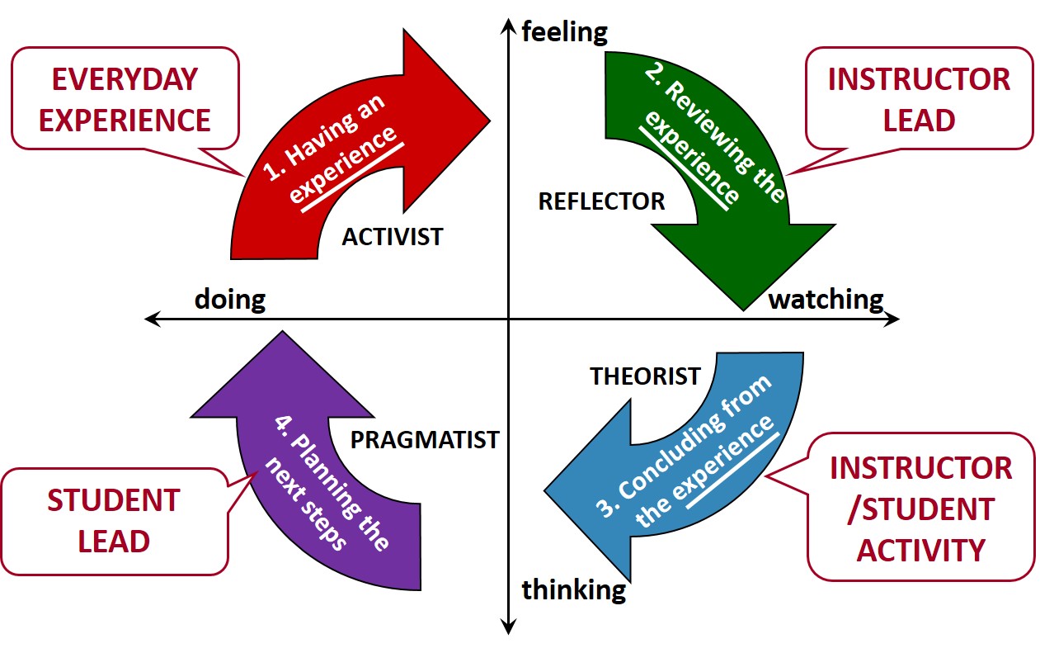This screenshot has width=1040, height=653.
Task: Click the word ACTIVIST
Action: point(392,237)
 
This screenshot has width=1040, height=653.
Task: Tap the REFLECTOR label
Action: point(601,201)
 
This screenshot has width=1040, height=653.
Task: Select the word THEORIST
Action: point(645,376)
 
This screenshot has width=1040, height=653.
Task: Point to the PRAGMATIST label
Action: point(425,439)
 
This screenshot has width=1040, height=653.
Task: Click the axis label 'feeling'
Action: point(565,33)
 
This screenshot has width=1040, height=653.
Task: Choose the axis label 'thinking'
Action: point(574,590)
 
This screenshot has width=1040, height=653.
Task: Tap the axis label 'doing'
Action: point(229,299)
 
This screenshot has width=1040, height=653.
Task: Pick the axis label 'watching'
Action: point(826,299)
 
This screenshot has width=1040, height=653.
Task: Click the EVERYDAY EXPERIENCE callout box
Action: point(125,99)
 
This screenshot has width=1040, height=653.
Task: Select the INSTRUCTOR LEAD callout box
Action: point(919,99)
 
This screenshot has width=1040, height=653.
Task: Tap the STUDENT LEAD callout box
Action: point(114,521)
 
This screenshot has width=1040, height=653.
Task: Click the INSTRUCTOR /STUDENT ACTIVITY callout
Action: point(920,509)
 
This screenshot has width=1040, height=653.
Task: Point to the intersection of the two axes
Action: point(508,319)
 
